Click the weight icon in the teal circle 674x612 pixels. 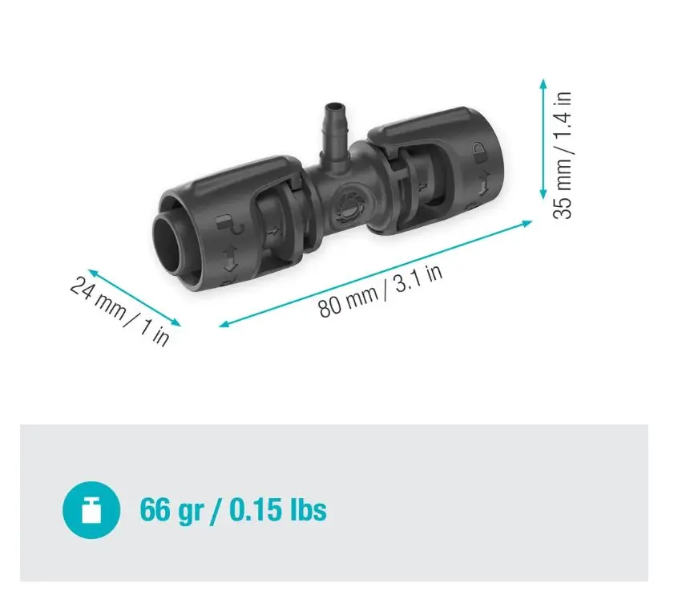(91, 509)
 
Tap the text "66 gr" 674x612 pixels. (172, 510)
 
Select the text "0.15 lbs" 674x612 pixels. (278, 509)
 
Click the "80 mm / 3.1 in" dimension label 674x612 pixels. (380, 290)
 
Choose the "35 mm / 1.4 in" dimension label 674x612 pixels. (563, 156)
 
